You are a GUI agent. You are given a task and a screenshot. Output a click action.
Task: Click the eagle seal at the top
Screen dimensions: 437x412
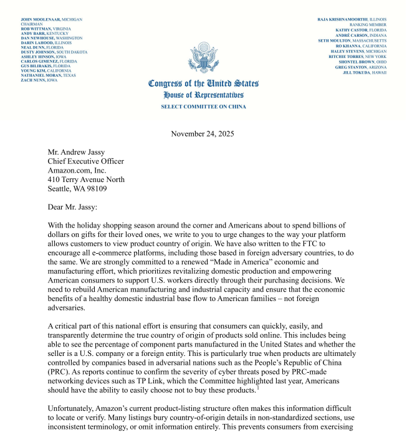click(203, 59)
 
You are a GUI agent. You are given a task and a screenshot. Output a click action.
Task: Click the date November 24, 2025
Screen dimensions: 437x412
click(203, 133)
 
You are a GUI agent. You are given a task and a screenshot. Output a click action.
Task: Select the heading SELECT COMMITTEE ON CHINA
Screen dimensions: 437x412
click(203, 107)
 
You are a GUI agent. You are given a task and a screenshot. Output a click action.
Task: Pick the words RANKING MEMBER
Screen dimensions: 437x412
click(368, 24)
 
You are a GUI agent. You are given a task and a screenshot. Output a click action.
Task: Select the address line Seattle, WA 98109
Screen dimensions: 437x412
click(77, 189)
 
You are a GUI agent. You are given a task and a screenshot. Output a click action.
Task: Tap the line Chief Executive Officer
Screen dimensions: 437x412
click(86, 161)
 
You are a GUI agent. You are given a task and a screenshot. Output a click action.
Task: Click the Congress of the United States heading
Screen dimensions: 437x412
click(203, 84)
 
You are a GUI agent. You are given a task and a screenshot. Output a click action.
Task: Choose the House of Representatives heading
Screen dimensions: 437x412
click(203, 95)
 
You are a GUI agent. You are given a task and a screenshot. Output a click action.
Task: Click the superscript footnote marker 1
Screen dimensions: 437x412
click(258, 388)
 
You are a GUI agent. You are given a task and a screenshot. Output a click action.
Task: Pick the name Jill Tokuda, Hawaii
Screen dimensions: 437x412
click(365, 72)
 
